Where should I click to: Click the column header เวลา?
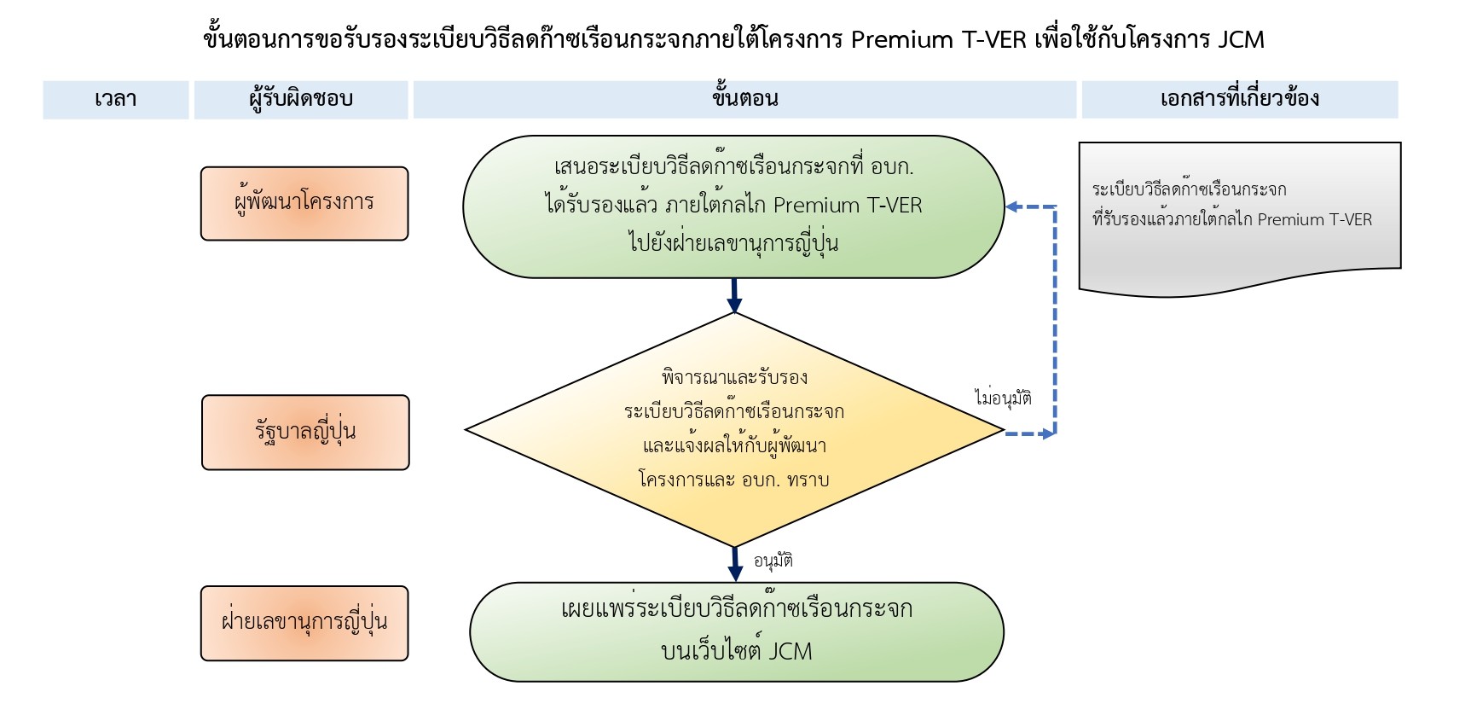click(115, 99)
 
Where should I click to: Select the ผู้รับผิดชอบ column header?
click(300, 99)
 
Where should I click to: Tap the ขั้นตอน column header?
click(744, 99)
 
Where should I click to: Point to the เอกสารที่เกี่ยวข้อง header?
click(1239, 99)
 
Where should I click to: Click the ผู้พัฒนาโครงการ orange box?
click(304, 203)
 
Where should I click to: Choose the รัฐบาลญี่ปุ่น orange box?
click(305, 432)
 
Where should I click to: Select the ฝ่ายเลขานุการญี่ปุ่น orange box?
click(304, 623)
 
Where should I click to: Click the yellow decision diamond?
click(733, 429)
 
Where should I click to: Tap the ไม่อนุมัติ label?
click(1003, 398)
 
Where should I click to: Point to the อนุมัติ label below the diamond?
click(773, 561)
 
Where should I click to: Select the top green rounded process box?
click(733, 206)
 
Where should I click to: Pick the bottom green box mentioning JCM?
click(736, 631)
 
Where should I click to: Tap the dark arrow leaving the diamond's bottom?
click(734, 564)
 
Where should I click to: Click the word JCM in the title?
click(1241, 39)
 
